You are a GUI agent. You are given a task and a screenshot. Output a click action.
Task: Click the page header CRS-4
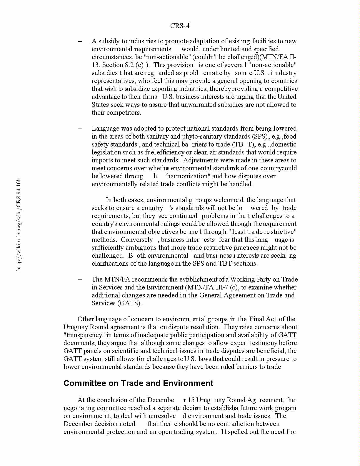click(180, 26)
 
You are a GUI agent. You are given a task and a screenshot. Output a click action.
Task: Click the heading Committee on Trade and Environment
click(138, 383)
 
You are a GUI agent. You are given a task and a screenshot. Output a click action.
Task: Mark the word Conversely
click(137, 240)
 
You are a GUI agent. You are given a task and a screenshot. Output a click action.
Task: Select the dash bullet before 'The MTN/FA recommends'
click(80, 279)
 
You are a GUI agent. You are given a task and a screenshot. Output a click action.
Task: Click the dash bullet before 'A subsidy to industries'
click(80, 41)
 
